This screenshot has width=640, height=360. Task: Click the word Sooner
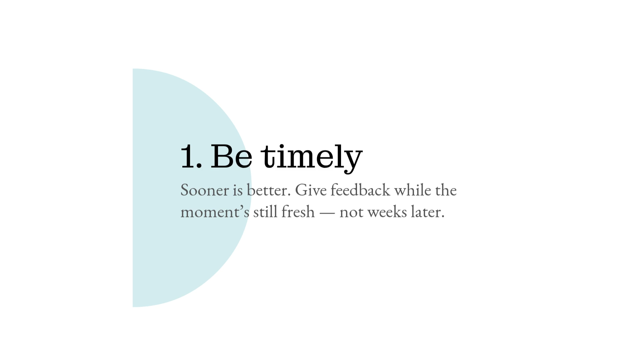[205, 190]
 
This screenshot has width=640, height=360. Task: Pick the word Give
[311, 190]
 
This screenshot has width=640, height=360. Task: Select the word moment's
[215, 212]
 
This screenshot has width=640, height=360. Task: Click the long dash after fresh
[327, 213]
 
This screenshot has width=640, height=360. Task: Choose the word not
[351, 212]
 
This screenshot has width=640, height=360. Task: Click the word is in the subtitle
[238, 190]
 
